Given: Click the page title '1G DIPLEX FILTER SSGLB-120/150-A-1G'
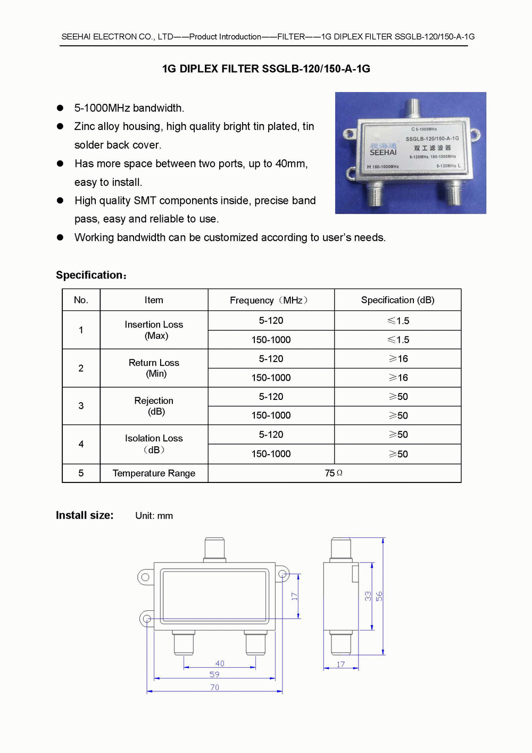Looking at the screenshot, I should click(x=266, y=69).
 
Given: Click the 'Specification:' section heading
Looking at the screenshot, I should click(x=91, y=275).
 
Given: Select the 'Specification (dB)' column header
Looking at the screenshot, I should click(x=397, y=300).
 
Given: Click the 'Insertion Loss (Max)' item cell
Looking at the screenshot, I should click(x=154, y=330).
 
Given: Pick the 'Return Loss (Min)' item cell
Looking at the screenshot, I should click(x=154, y=368).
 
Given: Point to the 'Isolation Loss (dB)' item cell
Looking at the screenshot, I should click(x=154, y=444).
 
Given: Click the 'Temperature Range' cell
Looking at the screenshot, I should click(x=154, y=473).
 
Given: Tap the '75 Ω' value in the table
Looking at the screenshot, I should click(x=334, y=473).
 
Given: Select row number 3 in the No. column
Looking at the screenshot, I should click(x=81, y=406).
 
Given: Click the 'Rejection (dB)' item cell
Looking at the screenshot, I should click(x=154, y=406).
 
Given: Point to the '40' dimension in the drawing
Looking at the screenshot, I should click(x=220, y=664).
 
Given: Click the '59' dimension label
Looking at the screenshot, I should click(x=214, y=674).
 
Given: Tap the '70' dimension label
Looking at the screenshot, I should click(x=214, y=687).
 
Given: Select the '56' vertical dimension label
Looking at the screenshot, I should click(x=379, y=596).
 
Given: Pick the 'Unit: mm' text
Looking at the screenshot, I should click(x=154, y=516).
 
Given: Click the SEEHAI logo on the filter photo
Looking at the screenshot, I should click(x=383, y=150).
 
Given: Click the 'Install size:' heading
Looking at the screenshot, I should click(x=85, y=515).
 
